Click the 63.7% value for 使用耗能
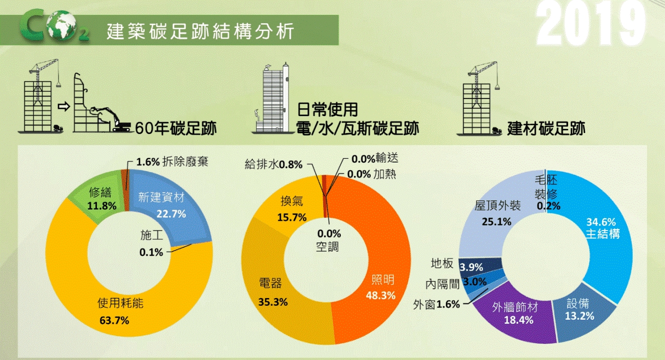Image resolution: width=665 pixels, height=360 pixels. (114, 320)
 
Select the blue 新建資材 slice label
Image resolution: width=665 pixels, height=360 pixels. (161, 197)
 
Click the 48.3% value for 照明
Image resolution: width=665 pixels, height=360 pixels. (380, 296)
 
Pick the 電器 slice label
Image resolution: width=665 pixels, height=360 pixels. (270, 283)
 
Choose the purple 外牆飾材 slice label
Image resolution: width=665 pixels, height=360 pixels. (516, 307)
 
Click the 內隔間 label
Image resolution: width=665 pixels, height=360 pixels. (442, 284)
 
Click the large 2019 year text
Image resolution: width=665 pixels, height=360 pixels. (592, 25)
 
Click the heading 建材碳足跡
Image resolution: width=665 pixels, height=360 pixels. (546, 128)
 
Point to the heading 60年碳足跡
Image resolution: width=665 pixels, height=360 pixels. (175, 128)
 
